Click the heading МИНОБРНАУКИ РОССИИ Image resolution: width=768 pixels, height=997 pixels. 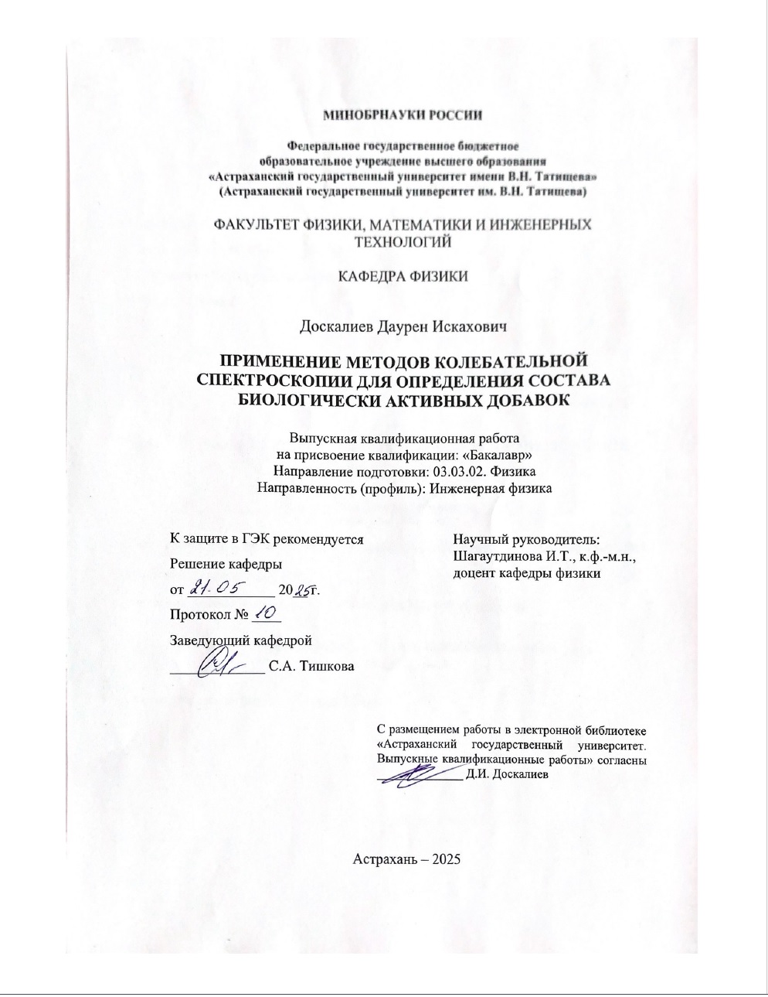click(402, 115)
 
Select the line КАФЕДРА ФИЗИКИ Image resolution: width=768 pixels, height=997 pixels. click(403, 276)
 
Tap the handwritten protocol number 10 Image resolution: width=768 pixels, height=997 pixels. click(265, 614)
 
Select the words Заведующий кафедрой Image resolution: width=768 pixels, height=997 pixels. click(240, 640)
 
